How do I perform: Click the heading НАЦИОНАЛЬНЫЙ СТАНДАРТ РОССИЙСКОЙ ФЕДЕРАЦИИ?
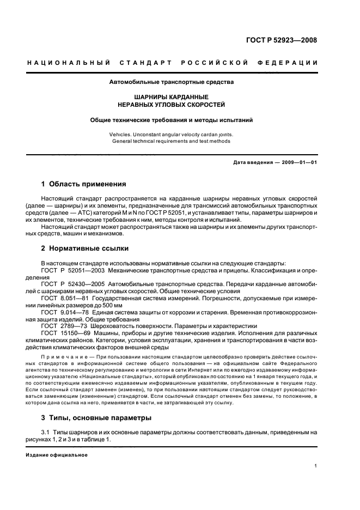[173, 63]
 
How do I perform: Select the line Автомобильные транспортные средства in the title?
[172, 83]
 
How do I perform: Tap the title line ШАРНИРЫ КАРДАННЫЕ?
[172, 97]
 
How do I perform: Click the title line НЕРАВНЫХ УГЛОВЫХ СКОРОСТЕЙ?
[172, 104]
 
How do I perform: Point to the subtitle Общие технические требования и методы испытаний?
[172, 119]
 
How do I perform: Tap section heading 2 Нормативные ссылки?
[85, 248]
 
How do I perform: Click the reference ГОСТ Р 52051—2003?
[72, 270]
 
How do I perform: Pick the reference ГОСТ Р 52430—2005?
[72, 284]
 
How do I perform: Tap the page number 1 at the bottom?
[315, 466]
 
